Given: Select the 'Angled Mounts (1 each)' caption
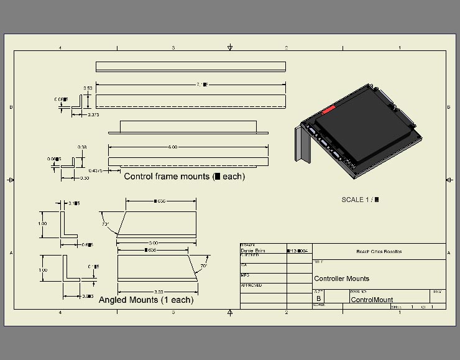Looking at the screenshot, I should pyautogui.click(x=146, y=300).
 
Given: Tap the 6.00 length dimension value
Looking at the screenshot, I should pyautogui.click(x=173, y=147).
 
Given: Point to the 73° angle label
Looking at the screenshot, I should pyautogui.click(x=106, y=224).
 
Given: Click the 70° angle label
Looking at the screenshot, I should pyautogui.click(x=203, y=267).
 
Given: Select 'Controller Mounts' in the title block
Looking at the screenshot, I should pyautogui.click(x=342, y=279).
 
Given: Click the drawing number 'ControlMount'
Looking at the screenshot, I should pyautogui.click(x=372, y=300).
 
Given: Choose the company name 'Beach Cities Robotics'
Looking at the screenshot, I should pyautogui.click(x=379, y=252).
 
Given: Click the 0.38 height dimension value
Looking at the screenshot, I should pyautogui.click(x=81, y=147).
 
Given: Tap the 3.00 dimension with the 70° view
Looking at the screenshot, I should pyautogui.click(x=158, y=292).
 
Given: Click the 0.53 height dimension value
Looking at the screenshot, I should pyautogui.click(x=88, y=88).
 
